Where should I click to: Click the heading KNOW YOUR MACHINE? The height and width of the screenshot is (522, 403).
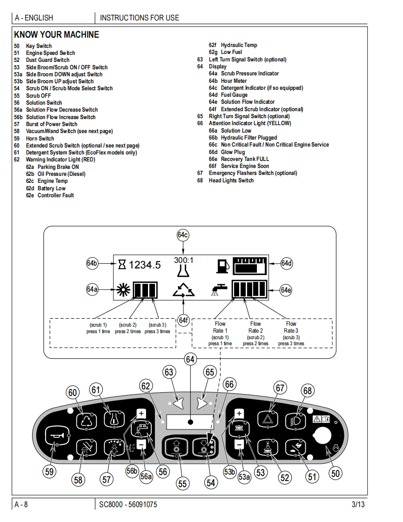(x=56, y=34)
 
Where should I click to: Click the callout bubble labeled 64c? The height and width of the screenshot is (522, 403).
(x=183, y=235)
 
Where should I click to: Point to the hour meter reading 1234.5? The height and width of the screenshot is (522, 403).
(x=145, y=265)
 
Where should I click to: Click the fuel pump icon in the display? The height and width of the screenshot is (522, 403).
(x=222, y=266)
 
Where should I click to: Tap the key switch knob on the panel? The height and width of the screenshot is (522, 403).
(x=322, y=436)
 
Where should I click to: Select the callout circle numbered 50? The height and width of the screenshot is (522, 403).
(x=335, y=473)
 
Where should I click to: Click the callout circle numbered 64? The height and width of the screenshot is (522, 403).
(x=190, y=359)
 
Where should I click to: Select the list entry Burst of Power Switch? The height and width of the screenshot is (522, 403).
(x=51, y=124)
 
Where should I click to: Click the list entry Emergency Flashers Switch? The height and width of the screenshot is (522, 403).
(x=253, y=173)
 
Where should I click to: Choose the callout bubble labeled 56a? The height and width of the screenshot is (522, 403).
(x=147, y=476)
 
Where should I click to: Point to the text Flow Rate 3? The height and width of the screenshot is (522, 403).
(x=291, y=327)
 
